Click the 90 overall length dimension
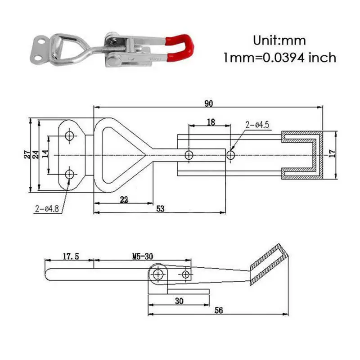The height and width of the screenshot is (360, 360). pos(208,103)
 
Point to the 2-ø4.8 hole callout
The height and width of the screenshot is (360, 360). pos(47,208)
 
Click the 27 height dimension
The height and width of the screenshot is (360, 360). pos(27,154)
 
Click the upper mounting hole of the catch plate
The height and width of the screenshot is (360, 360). pos(70,135)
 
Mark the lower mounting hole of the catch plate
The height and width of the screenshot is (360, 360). pos(70,174)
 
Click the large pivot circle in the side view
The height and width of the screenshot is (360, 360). pos(157,274)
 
